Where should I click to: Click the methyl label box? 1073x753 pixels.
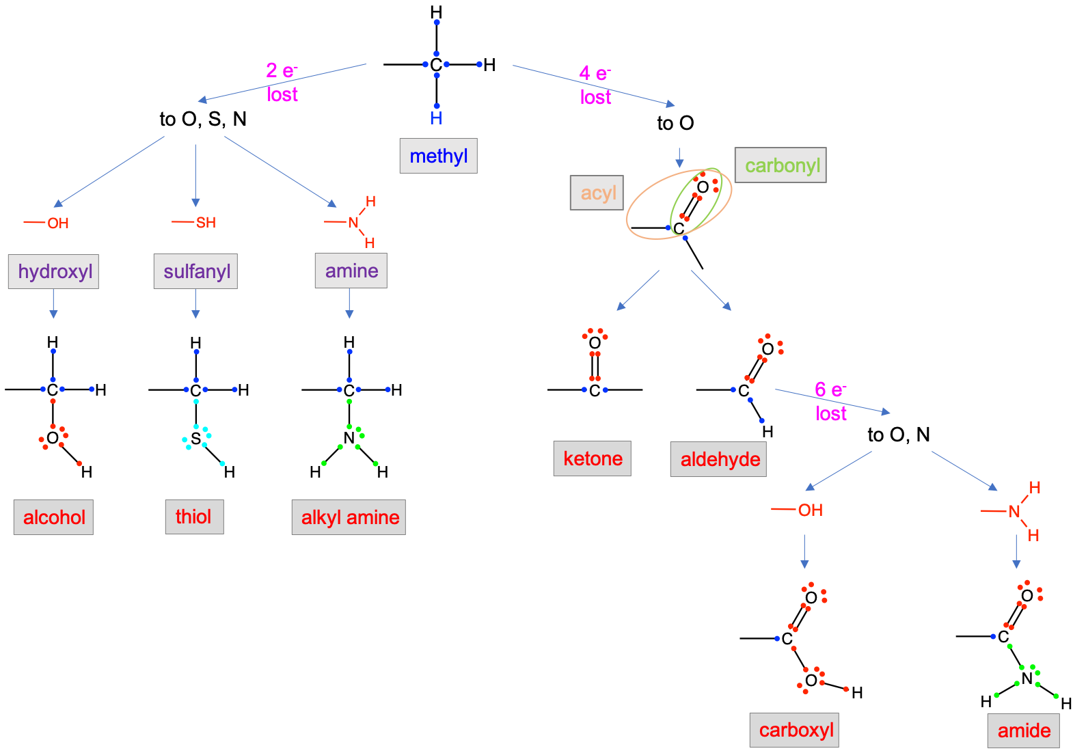[438, 156]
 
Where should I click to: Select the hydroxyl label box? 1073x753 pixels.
[53, 272]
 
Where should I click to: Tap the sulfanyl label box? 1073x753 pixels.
[195, 272]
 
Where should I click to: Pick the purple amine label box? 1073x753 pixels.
[351, 271]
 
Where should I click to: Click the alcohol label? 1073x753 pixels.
[53, 517]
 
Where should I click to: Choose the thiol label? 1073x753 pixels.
[194, 517]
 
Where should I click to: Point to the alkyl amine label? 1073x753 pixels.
[349, 517]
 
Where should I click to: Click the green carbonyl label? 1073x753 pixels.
[780, 165]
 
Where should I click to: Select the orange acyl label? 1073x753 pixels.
[597, 193]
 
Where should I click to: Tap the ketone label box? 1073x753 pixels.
[592, 458]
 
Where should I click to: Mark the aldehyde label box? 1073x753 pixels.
[718, 459]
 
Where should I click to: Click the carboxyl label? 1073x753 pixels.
[794, 730]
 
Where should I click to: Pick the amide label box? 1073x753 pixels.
[1023, 730]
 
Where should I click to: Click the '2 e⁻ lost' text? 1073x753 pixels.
[282, 83]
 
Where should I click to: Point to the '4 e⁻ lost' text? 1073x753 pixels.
[595, 85]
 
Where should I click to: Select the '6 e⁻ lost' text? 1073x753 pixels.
[831, 402]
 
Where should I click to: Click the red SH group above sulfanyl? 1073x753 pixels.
[205, 223]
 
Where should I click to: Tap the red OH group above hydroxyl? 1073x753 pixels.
[58, 223]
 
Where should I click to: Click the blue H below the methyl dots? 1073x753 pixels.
[436, 119]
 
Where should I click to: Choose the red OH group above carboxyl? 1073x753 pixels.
[810, 510]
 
